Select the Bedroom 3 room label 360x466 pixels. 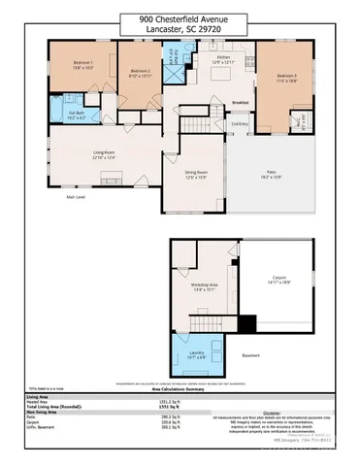pos(285,77)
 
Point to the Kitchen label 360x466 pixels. pos(224,58)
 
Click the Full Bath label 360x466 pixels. pos(77,116)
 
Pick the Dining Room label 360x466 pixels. pos(197,173)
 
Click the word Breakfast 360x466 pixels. pos(241,103)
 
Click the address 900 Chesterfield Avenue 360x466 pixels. pos(180,17)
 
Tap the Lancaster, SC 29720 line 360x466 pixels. pos(180,28)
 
